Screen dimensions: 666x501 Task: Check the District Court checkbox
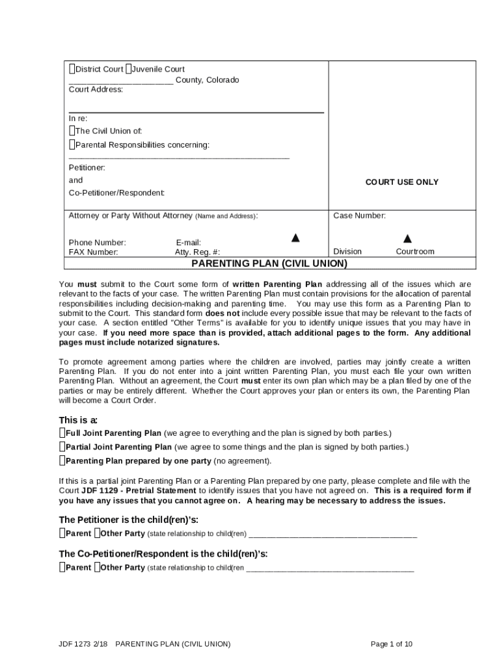[72, 69]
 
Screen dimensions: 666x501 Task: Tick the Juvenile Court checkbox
[129, 69]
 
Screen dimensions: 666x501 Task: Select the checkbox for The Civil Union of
[72, 131]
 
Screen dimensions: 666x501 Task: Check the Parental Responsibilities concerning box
[72, 144]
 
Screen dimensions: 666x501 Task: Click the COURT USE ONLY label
[401, 182]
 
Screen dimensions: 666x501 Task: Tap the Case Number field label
[359, 215]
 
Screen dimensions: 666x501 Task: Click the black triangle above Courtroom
[407, 239]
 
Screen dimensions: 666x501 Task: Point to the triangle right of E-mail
[295, 237]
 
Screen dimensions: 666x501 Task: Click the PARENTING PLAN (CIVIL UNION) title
[269, 263]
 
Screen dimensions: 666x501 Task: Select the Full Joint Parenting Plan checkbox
[62, 433]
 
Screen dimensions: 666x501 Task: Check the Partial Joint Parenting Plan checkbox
[62, 447]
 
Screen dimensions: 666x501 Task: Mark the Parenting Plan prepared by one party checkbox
[62, 461]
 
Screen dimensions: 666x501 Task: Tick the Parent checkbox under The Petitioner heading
[62, 533]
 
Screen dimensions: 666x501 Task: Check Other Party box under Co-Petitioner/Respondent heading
[97, 567]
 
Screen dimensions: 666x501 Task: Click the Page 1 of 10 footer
[391, 644]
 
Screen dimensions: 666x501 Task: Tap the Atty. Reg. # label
[197, 252]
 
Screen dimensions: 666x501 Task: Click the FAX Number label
[94, 252]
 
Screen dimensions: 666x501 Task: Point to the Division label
[347, 252]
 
